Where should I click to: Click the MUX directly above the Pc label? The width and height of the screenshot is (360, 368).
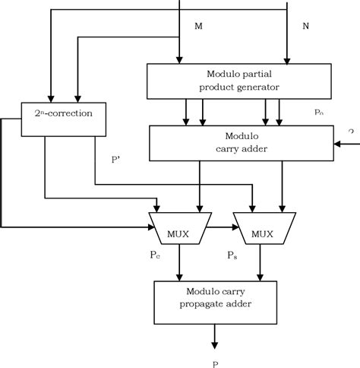[179, 227]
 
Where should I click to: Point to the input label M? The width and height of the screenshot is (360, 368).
[199, 27]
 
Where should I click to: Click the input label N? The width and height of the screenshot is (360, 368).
[306, 27]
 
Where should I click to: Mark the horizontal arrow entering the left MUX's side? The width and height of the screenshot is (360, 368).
[76, 227]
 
